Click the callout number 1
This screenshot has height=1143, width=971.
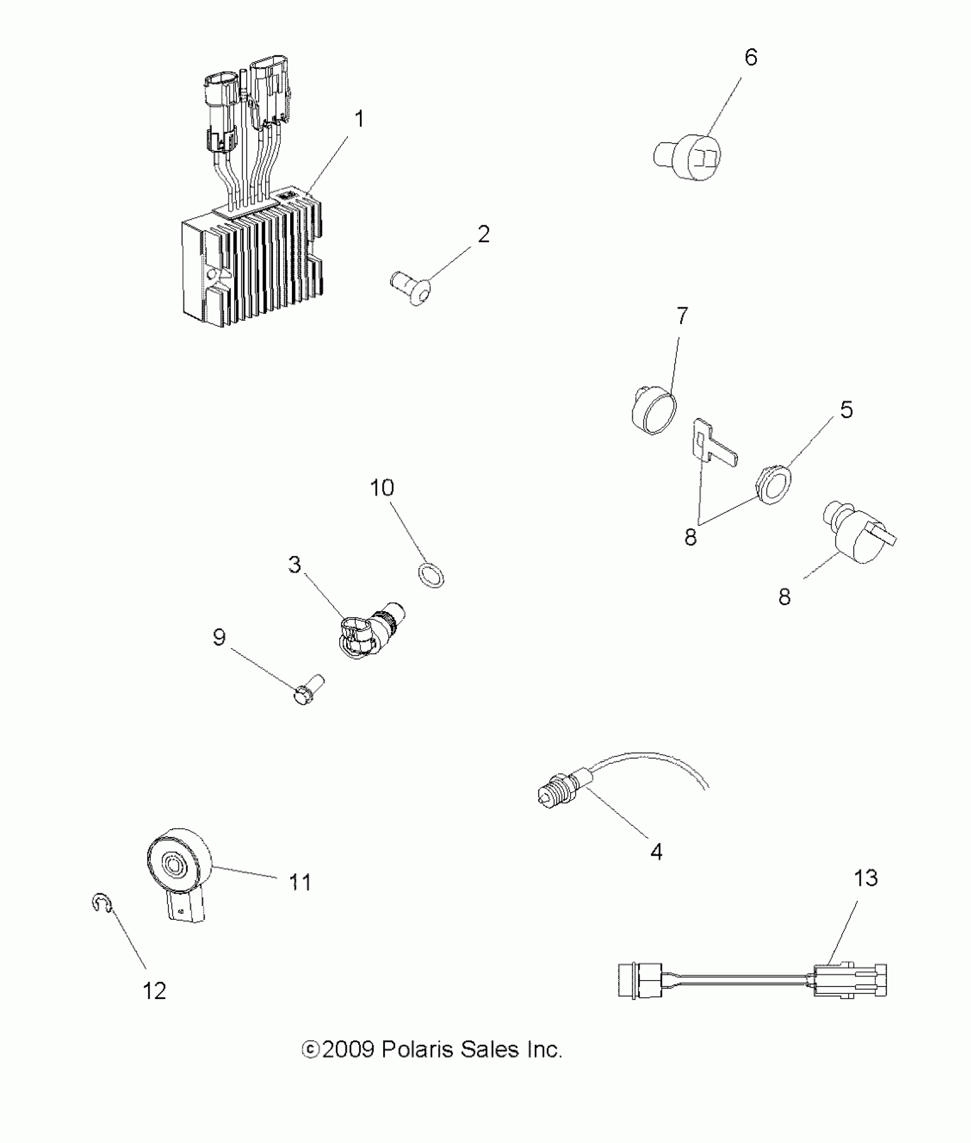coord(359,119)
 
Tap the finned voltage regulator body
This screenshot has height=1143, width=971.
coord(251,269)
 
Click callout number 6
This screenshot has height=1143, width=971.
coord(751,58)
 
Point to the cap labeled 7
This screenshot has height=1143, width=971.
coord(654,409)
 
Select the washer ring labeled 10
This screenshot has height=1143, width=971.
coord(432,575)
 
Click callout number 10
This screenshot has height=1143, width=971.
coord(382,488)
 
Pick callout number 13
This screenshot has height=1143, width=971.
coord(865,894)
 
